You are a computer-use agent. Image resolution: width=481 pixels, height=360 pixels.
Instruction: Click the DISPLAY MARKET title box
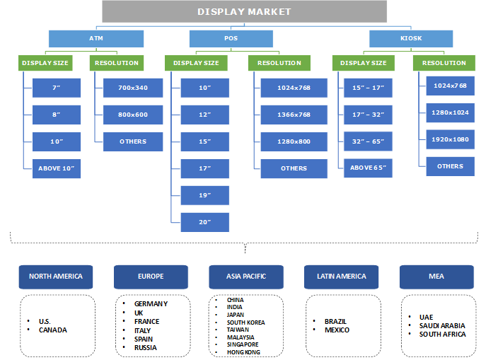pyautogui.click(x=244, y=11)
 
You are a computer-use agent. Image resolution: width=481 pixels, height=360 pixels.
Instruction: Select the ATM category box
pyautogui.click(x=95, y=38)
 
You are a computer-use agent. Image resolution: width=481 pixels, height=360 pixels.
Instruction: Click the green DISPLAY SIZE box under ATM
pyautogui.click(x=45, y=63)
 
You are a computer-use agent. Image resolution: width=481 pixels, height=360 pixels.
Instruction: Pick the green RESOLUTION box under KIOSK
pyautogui.click(x=444, y=63)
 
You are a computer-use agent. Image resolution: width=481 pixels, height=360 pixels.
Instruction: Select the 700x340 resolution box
pyautogui.click(x=133, y=88)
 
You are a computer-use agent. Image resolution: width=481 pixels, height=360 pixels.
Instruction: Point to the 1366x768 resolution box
pyautogui.click(x=294, y=115)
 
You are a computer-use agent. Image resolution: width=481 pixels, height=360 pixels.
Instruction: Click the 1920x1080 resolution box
pyautogui.click(x=451, y=139)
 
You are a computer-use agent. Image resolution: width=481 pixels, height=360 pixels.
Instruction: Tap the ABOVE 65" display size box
pyautogui.click(x=367, y=168)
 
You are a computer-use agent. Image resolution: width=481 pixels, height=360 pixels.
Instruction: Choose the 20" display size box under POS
pyautogui.click(x=205, y=222)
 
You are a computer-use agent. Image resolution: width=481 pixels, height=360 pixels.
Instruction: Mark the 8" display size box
pyautogui.click(x=57, y=115)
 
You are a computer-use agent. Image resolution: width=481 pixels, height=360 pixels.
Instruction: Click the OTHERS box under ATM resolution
pyautogui.click(x=133, y=141)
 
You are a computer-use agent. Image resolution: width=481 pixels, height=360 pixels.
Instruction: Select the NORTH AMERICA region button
pyautogui.click(x=56, y=277)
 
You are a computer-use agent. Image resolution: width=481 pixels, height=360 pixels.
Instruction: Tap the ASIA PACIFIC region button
pyautogui.click(x=246, y=277)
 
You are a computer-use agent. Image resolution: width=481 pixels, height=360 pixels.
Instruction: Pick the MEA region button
pyautogui.click(x=436, y=277)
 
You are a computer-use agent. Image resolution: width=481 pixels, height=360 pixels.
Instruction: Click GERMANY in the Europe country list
pyautogui.click(x=151, y=304)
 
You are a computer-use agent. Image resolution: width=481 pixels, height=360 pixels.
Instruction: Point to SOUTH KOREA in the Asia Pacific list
pyautogui.click(x=245, y=323)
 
